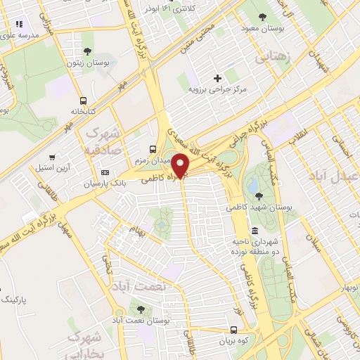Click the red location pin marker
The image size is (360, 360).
[x=181, y=166]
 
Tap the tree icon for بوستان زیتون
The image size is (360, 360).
[x=87, y=51]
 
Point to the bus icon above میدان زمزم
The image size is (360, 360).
[x=153, y=148]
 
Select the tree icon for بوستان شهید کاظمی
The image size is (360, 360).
[x=259, y=196]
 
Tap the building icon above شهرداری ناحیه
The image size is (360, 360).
[x=253, y=231]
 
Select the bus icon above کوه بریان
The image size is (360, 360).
[x=233, y=329]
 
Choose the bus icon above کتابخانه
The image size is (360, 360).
[x=84, y=100]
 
